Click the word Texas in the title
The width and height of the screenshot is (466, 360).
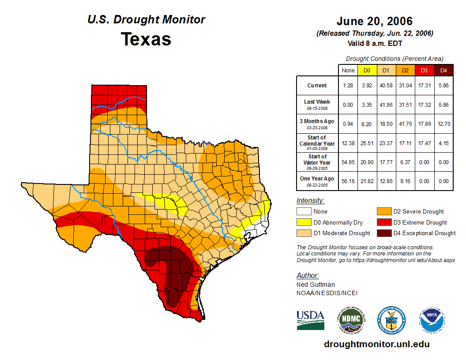point(146,39)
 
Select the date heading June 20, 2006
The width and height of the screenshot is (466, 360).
point(375,21)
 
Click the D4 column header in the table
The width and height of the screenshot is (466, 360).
point(443,70)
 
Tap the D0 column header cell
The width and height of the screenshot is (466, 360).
point(367,70)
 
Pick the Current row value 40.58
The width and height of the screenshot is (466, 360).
point(386,86)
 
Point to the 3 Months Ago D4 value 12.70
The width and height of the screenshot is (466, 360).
point(443,124)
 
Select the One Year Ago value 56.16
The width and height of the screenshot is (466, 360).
point(348,181)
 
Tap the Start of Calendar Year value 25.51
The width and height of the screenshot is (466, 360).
point(367,143)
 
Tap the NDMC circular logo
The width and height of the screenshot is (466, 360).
point(350,319)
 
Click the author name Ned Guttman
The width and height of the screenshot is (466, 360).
point(316,285)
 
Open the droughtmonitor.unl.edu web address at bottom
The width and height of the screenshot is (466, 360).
point(376,344)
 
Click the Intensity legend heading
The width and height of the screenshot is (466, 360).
point(310,201)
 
